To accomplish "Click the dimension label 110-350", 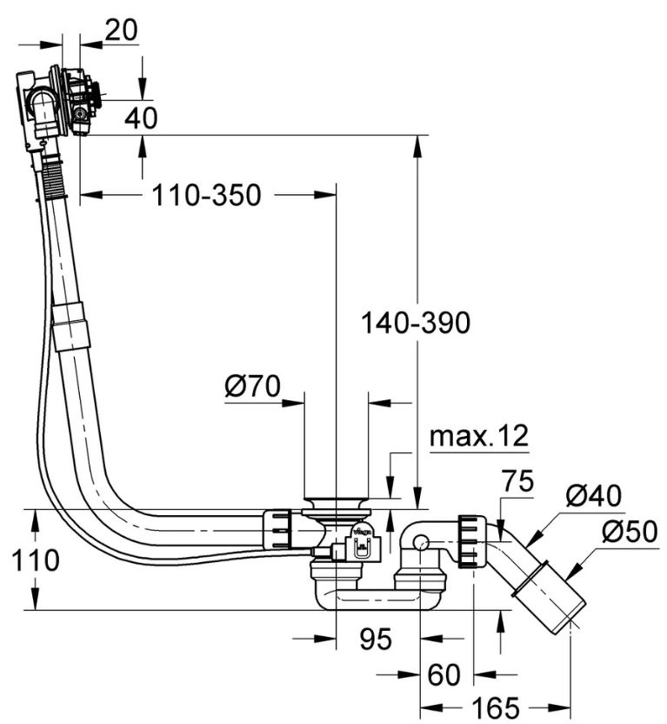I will (x=206, y=196).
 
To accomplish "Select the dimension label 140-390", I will (x=417, y=323).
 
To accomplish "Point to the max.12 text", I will (x=479, y=437).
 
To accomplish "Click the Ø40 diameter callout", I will (x=593, y=496).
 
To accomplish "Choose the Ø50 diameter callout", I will (x=629, y=532).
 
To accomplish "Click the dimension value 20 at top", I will (x=121, y=30).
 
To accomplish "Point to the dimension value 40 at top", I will (x=141, y=117).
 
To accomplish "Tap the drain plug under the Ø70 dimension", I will (x=336, y=504).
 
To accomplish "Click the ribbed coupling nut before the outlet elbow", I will (x=469, y=540).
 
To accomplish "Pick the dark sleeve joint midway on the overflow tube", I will (x=70, y=324).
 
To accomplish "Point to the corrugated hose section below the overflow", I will (x=54, y=178).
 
